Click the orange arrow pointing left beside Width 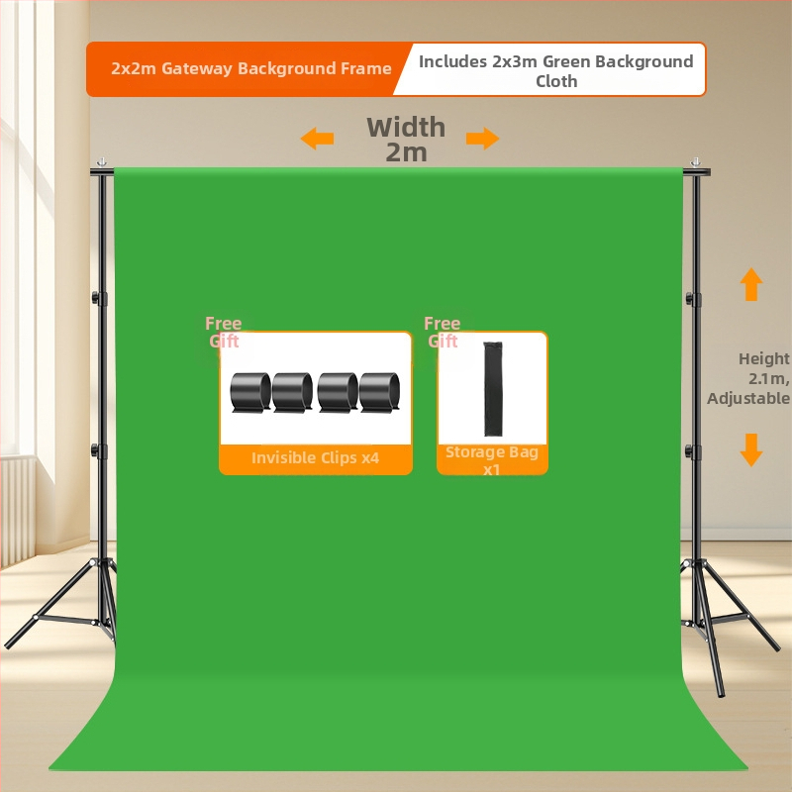coord(317,138)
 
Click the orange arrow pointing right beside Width coord(482,138)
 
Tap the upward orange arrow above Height coord(751,284)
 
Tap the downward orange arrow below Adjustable coord(751,449)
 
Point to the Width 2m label coord(406,140)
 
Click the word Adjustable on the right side coord(748,399)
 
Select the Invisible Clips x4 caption coord(315,457)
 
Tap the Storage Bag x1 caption coord(491,460)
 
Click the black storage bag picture coord(492,388)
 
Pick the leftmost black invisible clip coord(250,392)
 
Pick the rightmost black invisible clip coord(379,392)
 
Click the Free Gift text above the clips coord(224,333)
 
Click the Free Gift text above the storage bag coord(442,333)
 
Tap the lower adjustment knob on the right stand coord(690,450)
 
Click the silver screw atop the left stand coord(102,162)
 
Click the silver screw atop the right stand coord(696,162)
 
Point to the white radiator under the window coord(18,510)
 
